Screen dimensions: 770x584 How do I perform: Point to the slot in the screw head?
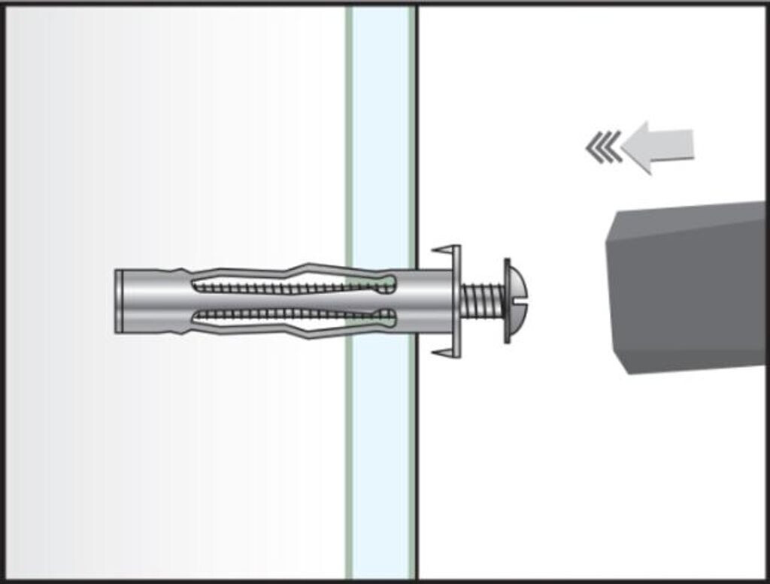(x=519, y=301)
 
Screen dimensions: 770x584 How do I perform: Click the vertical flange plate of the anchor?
(x=456, y=301)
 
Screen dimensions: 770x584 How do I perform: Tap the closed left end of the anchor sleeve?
(x=120, y=301)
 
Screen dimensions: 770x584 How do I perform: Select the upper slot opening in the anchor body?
(x=293, y=286)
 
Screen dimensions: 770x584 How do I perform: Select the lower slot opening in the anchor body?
(x=293, y=316)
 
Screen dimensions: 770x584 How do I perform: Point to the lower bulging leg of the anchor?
(x=301, y=331)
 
